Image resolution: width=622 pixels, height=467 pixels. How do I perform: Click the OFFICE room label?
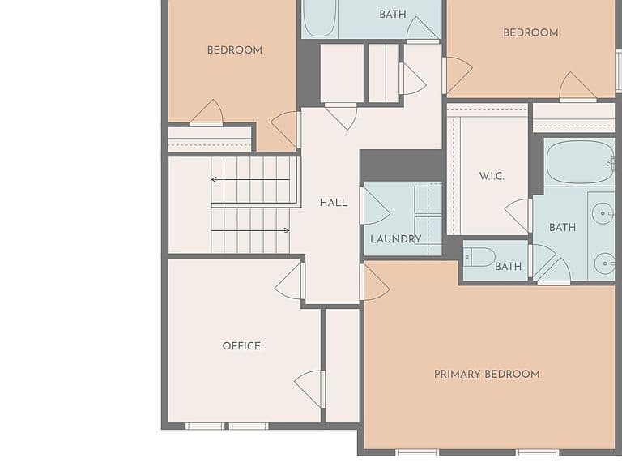click(241, 346)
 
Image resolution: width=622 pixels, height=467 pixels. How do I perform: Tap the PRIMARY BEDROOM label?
click(487, 374)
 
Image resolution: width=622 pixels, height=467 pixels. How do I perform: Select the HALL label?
click(334, 203)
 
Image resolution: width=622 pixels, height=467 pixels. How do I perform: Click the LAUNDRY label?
click(395, 239)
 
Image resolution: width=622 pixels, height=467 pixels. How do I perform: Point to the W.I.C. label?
click(492, 176)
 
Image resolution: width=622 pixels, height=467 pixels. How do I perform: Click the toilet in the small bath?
click(479, 257)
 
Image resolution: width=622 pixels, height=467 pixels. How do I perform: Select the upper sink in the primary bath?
click(603, 213)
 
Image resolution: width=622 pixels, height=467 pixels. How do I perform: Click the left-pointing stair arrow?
click(250, 179)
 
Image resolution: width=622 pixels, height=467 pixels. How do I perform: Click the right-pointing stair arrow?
click(250, 230)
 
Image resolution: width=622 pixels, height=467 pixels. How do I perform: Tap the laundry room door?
click(374, 206)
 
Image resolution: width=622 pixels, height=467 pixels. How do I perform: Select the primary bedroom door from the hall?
click(374, 282)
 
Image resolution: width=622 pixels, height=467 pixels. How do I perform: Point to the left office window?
click(205, 426)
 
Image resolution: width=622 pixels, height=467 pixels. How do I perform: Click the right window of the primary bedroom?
click(538, 452)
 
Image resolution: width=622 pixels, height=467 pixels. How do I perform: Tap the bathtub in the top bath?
click(320, 19)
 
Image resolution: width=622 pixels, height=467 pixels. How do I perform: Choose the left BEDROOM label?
click(235, 50)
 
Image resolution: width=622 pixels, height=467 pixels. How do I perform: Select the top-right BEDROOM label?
click(530, 32)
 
